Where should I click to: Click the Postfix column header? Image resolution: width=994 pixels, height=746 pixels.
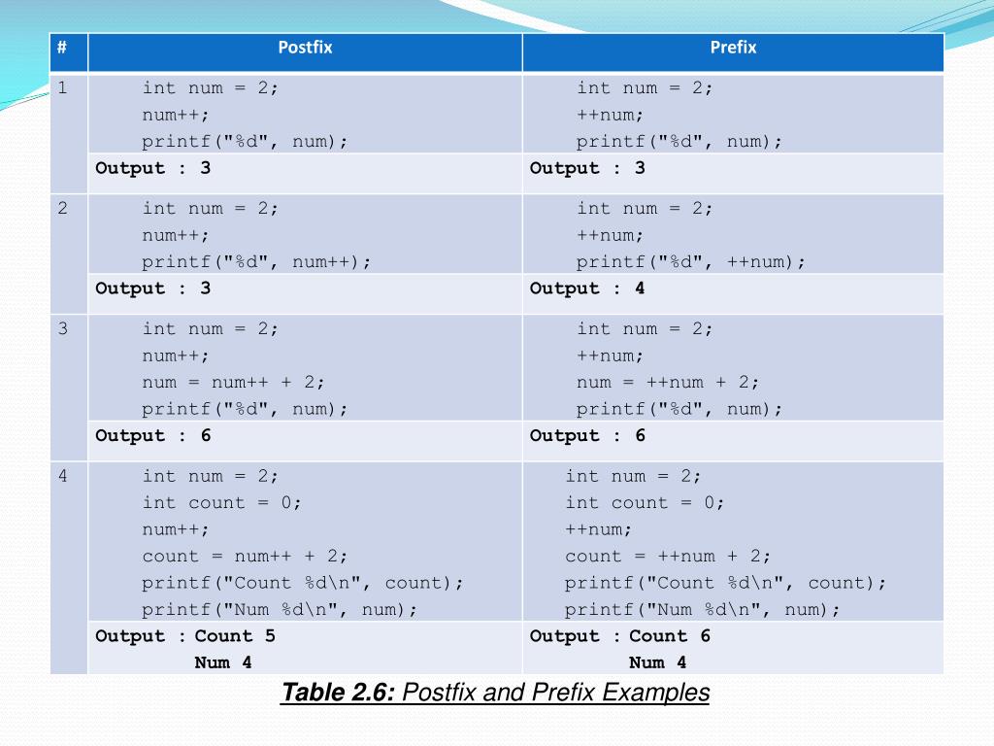pyautogui.click(x=305, y=48)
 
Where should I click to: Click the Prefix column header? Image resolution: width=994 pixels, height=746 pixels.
pyautogui.click(x=733, y=48)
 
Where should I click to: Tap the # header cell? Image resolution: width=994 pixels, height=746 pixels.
pyautogui.click(x=62, y=48)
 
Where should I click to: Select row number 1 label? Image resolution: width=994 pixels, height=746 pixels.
pyautogui.click(x=62, y=88)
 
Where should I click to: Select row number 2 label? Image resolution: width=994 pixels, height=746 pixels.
pyautogui.click(x=62, y=209)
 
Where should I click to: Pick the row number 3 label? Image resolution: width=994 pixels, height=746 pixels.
pyautogui.click(x=62, y=329)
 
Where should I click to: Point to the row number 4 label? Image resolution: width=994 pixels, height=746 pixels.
pyautogui.click(x=62, y=477)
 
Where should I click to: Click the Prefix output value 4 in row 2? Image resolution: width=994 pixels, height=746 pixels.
pyautogui.click(x=640, y=288)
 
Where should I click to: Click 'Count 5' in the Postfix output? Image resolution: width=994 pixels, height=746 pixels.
pyautogui.click(x=235, y=636)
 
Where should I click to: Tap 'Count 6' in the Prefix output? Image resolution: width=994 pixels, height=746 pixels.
pyautogui.click(x=670, y=636)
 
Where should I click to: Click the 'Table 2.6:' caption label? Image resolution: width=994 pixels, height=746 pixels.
pyautogui.click(x=338, y=694)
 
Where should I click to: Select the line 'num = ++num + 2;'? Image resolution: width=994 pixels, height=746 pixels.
pyautogui.click(x=668, y=383)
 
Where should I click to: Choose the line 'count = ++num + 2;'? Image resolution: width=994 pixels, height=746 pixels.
pyautogui.click(x=668, y=557)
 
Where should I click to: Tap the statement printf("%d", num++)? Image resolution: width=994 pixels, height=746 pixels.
pyautogui.click(x=256, y=262)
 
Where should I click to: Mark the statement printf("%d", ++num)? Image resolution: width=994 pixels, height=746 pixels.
pyautogui.click(x=690, y=262)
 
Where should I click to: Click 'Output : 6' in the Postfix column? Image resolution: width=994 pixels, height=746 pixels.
pyautogui.click(x=153, y=436)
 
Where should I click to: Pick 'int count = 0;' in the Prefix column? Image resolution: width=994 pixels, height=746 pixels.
pyautogui.click(x=645, y=503)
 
